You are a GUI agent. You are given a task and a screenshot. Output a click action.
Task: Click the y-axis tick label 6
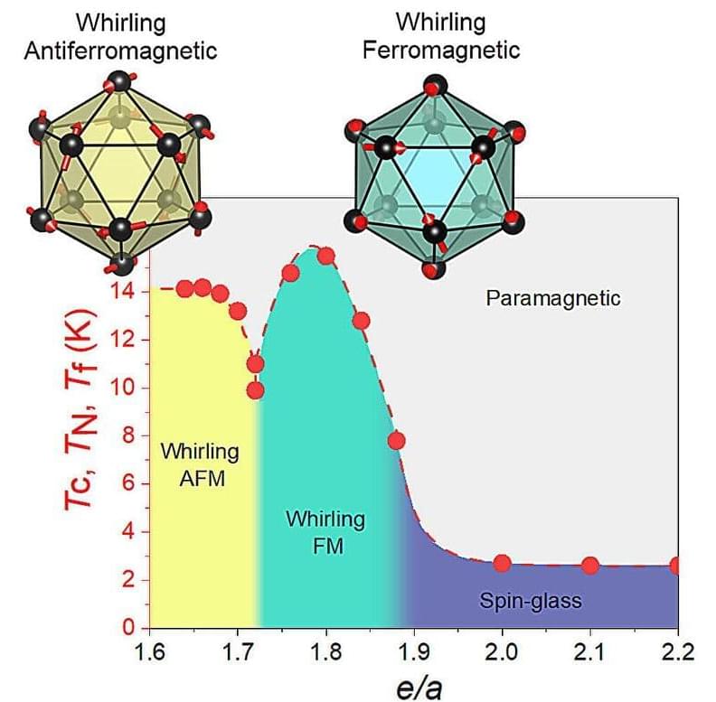click(129, 483)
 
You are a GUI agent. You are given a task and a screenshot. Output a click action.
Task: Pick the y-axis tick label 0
click(129, 627)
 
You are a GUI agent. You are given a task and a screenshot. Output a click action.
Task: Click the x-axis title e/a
click(413, 684)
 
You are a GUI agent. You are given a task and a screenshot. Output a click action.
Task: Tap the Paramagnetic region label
click(553, 297)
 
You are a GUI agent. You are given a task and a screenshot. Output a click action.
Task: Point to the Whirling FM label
click(325, 532)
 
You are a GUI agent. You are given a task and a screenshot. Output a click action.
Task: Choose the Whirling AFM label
click(200, 464)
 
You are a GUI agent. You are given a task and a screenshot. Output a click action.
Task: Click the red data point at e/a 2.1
click(590, 566)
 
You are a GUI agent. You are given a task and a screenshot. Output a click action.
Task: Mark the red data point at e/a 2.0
click(502, 563)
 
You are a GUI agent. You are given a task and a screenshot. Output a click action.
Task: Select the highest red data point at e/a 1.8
click(325, 255)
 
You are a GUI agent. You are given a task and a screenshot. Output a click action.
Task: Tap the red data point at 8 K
click(396, 441)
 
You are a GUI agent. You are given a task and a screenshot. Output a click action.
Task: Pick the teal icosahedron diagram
click(433, 175)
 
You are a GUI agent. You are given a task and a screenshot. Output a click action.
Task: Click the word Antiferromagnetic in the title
click(120, 50)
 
